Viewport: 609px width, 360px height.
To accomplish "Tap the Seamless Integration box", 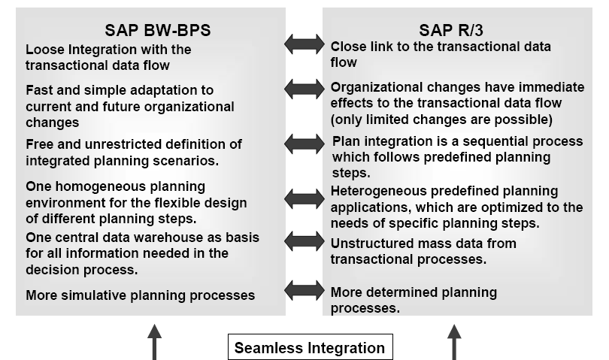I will (x=309, y=347).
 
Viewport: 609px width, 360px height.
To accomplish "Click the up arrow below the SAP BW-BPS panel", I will (x=154, y=342).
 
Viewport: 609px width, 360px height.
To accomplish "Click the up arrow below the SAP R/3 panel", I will (x=454, y=342).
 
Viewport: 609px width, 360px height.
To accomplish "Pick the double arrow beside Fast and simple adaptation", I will (x=304, y=89).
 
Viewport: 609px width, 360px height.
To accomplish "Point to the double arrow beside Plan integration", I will (x=304, y=144).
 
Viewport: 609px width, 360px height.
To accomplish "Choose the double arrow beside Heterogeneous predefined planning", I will (x=304, y=199).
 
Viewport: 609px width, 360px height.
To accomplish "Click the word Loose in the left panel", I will (x=43, y=50).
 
